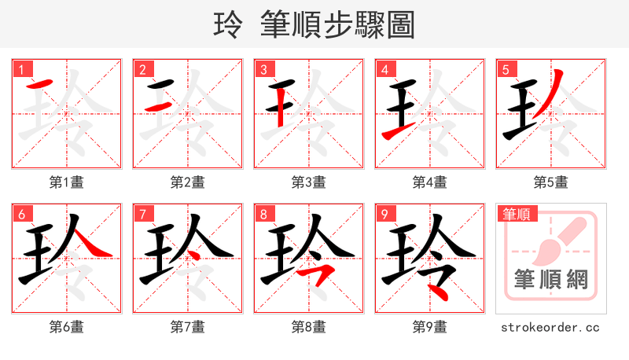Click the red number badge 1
(x=21, y=70)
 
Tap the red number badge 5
(x=506, y=70)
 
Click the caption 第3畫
(x=308, y=182)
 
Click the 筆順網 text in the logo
(x=551, y=280)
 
